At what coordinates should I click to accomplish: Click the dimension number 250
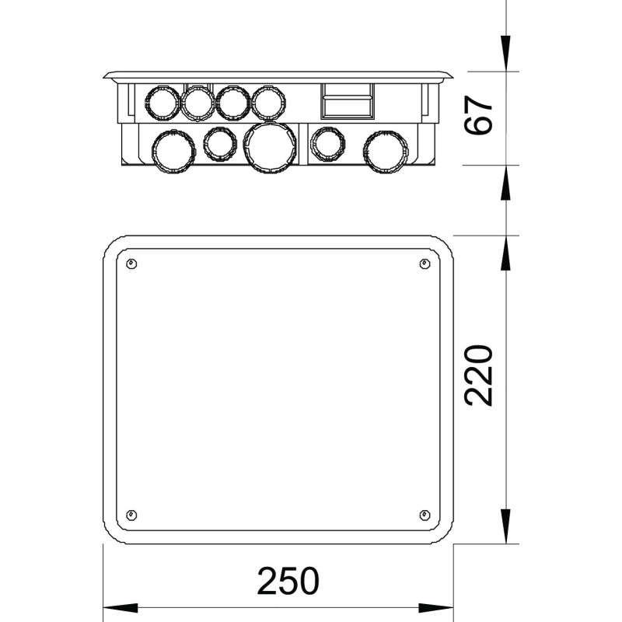tap(288, 581)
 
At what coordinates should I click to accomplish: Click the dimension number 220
tap(479, 376)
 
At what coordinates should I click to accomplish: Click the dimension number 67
tap(479, 115)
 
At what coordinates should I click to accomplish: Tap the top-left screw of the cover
tap(131, 264)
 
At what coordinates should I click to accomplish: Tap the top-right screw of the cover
tap(425, 264)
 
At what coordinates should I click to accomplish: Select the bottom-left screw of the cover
tap(131, 515)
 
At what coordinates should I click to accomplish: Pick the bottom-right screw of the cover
tap(425, 515)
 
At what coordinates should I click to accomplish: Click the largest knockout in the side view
tap(270, 148)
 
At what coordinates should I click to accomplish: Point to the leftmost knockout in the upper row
tap(162, 103)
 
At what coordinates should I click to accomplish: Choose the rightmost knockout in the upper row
tap(268, 103)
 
